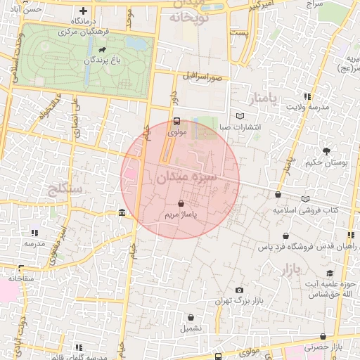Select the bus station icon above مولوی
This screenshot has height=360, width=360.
pos(176,120)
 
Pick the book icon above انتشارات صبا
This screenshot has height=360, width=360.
pos(240,116)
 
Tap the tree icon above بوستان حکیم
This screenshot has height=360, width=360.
pos(326,150)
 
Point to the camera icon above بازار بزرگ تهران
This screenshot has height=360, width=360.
pos(240,290)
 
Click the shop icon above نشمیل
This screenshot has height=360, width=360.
pos(191,317)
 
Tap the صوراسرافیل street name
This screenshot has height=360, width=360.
pos(204,76)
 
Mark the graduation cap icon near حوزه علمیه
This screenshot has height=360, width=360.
pos(329,273)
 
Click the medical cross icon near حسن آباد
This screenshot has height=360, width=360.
pos(84,11)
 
